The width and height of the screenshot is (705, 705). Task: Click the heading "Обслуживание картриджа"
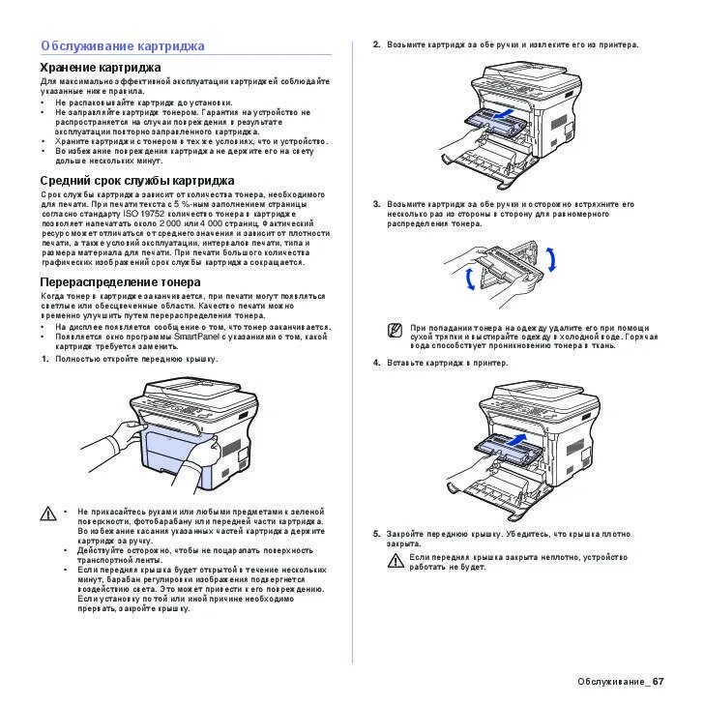(122, 45)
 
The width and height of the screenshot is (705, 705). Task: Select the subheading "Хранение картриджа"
(100, 67)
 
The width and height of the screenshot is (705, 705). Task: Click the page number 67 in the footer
(659, 682)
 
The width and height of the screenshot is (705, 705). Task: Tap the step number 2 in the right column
(376, 44)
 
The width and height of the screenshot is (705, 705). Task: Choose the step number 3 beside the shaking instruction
(376, 204)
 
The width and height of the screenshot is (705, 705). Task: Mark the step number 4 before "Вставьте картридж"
(376, 363)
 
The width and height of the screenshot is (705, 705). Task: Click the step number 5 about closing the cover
(376, 534)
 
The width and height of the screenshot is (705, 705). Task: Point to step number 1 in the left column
(44, 359)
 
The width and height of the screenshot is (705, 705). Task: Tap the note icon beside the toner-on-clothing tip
(395, 331)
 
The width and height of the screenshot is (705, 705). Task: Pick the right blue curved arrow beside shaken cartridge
(551, 260)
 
